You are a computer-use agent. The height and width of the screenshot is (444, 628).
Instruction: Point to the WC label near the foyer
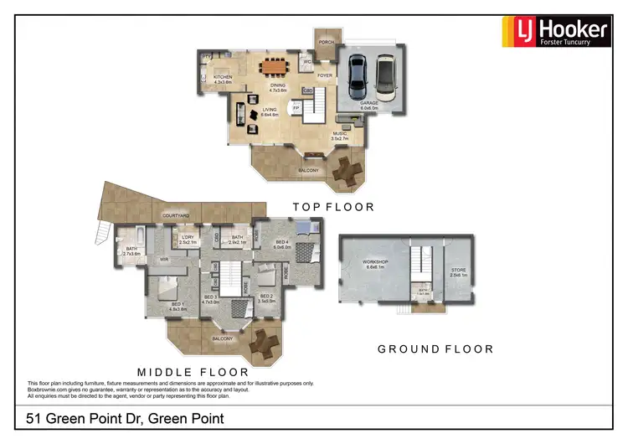308,61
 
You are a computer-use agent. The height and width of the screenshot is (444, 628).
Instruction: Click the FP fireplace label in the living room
296,108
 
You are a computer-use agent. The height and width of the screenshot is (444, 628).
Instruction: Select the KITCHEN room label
222,77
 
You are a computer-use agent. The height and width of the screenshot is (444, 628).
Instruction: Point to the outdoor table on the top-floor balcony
344,172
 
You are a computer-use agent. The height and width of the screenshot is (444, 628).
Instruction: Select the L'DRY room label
186,238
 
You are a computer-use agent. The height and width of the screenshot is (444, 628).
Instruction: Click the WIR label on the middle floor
165,261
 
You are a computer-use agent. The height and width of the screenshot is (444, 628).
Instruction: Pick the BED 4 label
282,242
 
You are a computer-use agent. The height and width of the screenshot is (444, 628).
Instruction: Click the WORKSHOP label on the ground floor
374,262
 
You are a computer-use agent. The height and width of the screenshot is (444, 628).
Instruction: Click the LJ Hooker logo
554,31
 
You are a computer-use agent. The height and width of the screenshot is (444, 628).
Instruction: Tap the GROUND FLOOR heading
435,349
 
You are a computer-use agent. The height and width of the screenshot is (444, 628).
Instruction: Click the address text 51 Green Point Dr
126,418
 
